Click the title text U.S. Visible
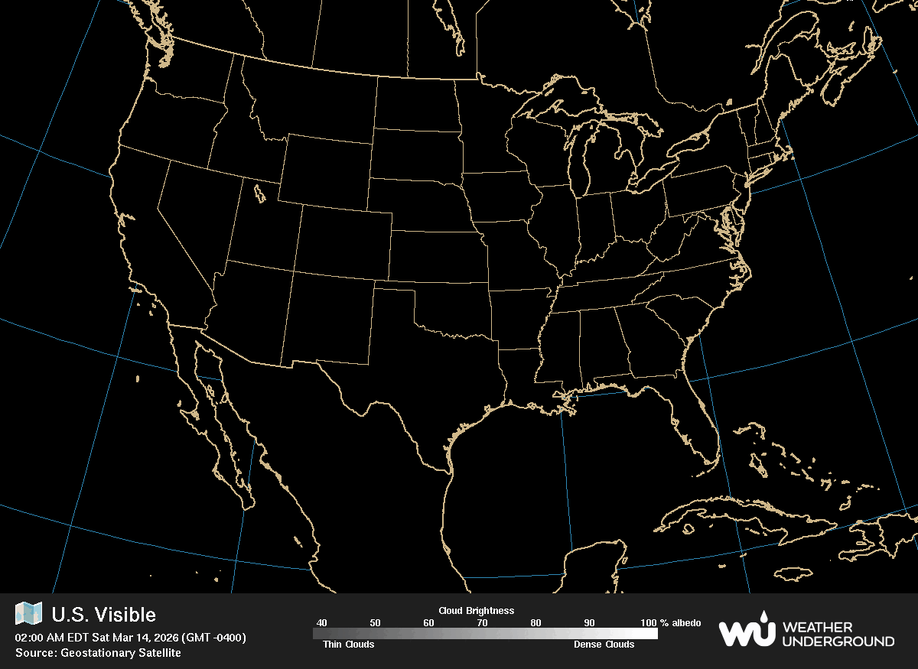click(103, 615)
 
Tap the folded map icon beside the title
click(29, 613)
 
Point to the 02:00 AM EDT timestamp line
click(130, 638)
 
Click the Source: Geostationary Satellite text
click(98, 653)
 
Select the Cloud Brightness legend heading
click(476, 611)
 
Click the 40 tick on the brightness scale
click(321, 623)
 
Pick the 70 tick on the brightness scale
click(482, 623)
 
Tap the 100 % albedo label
click(671, 623)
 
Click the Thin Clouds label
click(343, 645)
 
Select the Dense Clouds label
click(604, 645)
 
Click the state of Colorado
click(343, 241)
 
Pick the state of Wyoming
click(325, 172)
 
